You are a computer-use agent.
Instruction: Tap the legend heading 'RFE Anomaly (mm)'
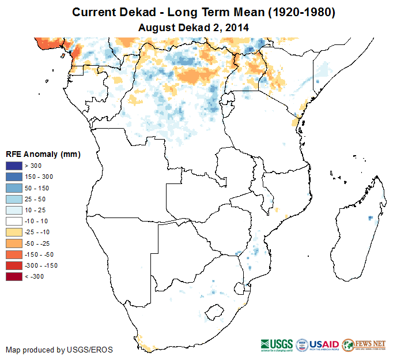[x=43, y=154]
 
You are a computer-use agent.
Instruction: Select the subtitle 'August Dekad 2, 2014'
[x=195, y=27]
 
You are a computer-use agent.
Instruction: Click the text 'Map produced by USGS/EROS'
[x=59, y=350]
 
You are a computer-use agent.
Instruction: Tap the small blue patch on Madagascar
[x=370, y=218]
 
